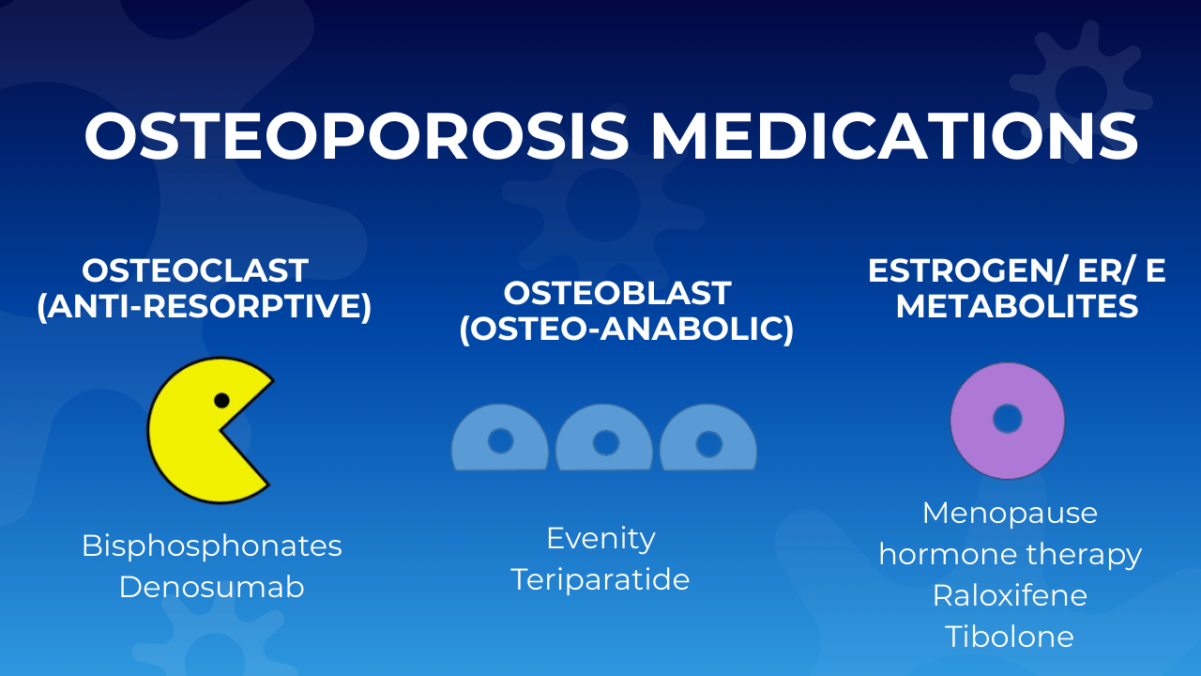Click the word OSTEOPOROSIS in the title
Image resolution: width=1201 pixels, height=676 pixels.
pos(357,136)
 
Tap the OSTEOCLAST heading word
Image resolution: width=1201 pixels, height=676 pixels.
pos(195,270)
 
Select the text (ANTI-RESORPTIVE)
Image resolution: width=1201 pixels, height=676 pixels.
pos(205,307)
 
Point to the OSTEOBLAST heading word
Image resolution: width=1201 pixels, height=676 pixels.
pos(617,293)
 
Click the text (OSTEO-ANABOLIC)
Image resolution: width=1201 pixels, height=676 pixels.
pos(626,330)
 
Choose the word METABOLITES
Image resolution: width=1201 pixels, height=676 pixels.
pos(1017,306)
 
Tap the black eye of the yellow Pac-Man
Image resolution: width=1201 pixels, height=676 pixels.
pos(221,400)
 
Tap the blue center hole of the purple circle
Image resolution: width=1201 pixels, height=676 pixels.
pos(1007,419)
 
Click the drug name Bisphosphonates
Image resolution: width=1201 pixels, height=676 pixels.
pos(212,545)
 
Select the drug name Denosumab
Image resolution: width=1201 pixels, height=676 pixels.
pos(212,587)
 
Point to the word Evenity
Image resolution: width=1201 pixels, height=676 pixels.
pos(600,538)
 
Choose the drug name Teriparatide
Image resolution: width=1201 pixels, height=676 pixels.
pos(600,579)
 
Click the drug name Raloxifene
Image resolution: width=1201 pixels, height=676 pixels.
pos(1010,595)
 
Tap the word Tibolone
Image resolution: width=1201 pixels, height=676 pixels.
pos(1010,637)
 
